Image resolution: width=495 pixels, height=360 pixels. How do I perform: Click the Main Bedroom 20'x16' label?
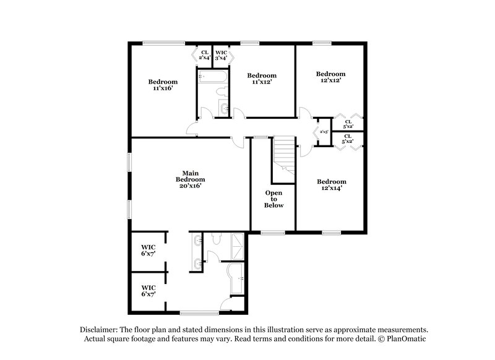[189, 179]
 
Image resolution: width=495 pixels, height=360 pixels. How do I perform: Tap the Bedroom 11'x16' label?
[163, 85]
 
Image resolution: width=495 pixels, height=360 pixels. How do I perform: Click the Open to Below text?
[273, 199]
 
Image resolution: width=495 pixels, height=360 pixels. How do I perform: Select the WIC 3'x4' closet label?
[221, 54]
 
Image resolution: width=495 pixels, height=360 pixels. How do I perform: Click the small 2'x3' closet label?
[323, 132]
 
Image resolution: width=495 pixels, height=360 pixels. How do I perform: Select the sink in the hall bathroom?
[223, 110]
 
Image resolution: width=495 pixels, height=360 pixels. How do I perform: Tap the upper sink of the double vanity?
[197, 242]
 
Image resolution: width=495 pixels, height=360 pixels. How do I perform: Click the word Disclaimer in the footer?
[100, 330]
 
